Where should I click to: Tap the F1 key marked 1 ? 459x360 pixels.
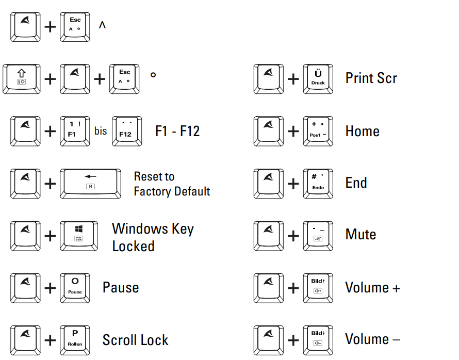click(x=75, y=130)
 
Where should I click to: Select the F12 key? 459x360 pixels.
click(x=125, y=130)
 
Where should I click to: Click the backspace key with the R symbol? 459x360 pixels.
click(x=90, y=183)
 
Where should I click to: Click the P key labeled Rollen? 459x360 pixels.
click(x=75, y=339)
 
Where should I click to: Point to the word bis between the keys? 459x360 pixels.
click(x=101, y=131)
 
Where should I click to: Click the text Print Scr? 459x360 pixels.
click(x=371, y=78)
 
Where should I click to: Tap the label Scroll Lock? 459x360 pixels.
click(x=135, y=340)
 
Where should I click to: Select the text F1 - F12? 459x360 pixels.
click(x=177, y=131)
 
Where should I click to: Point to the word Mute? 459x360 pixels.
click(x=360, y=235)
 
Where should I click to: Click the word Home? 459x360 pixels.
click(x=362, y=131)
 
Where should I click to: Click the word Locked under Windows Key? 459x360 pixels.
click(x=133, y=247)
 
